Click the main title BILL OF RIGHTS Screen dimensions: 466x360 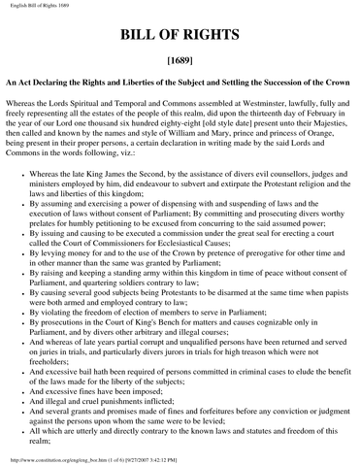tap(180, 40)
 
